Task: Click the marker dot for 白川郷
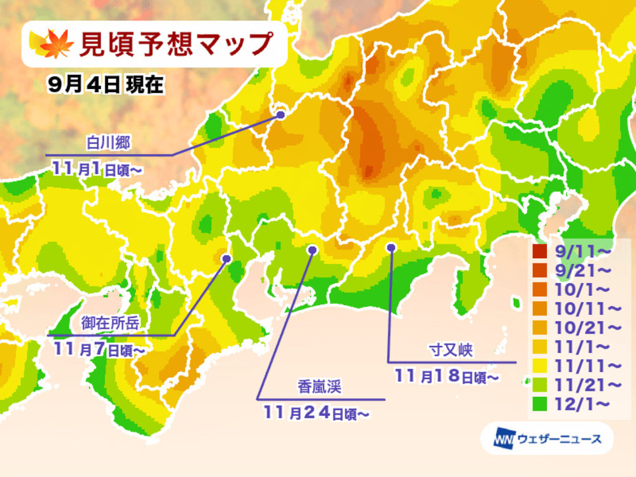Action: [280, 114]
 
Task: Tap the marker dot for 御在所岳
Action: [226, 258]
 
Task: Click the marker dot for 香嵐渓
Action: [312, 250]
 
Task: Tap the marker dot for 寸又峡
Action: [391, 247]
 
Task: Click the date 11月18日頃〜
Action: [446, 377]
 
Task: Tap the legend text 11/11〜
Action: [578, 366]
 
